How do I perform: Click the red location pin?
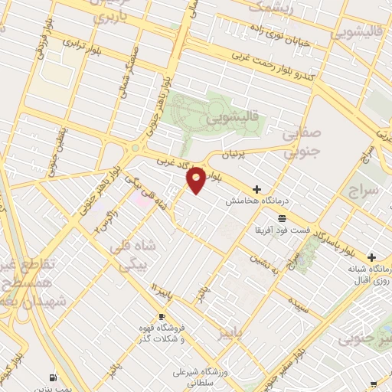pos(196,179)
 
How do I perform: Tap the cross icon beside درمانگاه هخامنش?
pos(256,189)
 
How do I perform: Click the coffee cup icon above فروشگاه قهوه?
pos(162,316)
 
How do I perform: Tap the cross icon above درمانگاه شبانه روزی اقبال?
pos(372,257)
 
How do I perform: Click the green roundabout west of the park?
pos(136,148)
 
